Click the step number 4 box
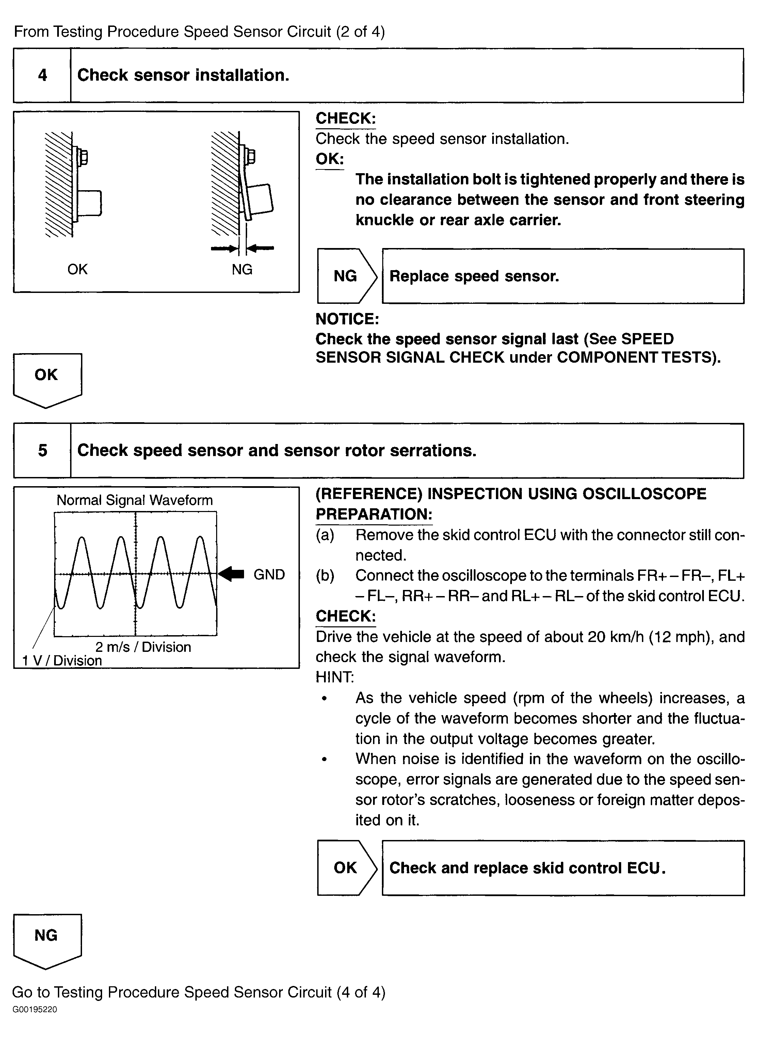[x=42, y=75]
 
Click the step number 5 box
[x=42, y=450]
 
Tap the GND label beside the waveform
[x=269, y=574]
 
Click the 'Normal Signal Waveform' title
[x=134, y=500]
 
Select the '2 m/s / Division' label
[x=143, y=647]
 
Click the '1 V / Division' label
[x=62, y=660]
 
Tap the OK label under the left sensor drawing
[x=77, y=269]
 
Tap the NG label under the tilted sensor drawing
[x=242, y=269]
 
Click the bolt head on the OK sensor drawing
[x=83, y=157]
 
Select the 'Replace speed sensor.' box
[x=563, y=276]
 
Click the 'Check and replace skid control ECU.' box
[x=563, y=868]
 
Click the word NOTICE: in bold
[x=347, y=319]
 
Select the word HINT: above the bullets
[x=335, y=677]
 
